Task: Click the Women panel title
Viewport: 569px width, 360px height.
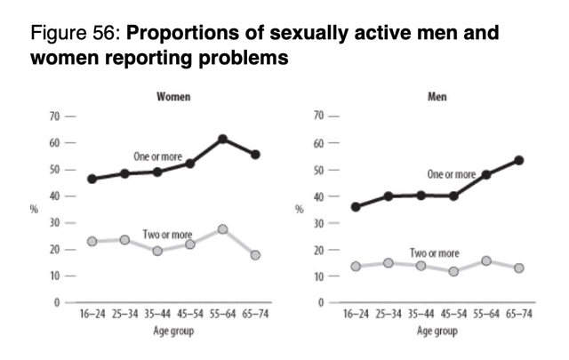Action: [173, 97]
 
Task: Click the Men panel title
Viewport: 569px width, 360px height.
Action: [437, 97]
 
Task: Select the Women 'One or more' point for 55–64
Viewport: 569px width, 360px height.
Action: [223, 139]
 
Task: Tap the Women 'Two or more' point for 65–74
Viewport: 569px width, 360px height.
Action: [255, 255]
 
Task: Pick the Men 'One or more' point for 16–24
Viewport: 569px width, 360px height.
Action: [356, 207]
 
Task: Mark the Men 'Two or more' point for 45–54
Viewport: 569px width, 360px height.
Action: [453, 271]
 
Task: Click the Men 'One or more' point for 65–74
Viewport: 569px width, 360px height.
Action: [519, 160]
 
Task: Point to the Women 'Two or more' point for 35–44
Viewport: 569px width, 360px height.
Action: [157, 251]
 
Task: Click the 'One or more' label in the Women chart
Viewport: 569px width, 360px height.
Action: [158, 156]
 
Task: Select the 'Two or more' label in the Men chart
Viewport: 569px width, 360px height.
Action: [435, 252]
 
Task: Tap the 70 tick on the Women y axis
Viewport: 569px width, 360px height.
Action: [54, 116]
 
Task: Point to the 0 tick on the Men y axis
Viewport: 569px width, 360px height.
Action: [321, 302]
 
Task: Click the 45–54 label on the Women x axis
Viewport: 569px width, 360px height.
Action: [190, 314]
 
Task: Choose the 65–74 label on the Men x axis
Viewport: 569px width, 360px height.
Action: [519, 314]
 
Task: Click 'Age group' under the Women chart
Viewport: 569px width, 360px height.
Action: [173, 331]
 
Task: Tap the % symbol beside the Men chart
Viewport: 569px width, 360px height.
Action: [299, 209]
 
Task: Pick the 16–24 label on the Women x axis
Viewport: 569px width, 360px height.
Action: [92, 314]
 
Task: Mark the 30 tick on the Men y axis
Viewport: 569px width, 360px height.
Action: [318, 223]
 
